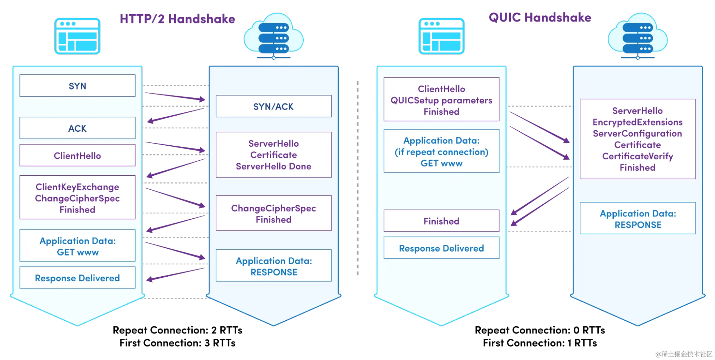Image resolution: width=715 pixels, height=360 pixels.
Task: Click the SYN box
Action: [77, 86]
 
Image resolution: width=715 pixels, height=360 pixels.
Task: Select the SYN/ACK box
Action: [273, 106]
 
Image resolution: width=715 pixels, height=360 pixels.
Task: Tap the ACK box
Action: [77, 128]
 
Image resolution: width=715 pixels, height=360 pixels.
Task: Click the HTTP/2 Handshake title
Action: [177, 19]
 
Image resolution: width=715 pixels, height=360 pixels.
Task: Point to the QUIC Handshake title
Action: [540, 17]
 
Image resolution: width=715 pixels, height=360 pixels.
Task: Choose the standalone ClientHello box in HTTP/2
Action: [77, 155]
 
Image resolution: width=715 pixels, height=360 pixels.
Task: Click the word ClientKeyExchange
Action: [77, 187]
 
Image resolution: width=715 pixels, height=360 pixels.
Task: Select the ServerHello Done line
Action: [273, 166]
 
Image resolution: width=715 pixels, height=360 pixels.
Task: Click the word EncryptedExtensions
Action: [637, 122]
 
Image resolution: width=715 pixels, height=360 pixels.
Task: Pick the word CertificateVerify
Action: [637, 156]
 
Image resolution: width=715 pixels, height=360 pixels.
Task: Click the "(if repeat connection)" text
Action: [441, 152]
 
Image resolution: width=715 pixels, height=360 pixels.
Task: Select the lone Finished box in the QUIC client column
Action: [441, 221]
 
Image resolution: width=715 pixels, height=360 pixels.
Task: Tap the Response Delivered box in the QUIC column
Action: [441, 248]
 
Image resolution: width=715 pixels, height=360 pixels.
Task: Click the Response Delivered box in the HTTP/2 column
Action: [77, 278]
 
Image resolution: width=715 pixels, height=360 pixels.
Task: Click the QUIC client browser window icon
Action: [441, 36]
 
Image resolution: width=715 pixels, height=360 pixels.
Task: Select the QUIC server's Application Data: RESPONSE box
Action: [637, 219]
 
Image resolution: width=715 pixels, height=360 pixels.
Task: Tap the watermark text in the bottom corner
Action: [683, 354]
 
